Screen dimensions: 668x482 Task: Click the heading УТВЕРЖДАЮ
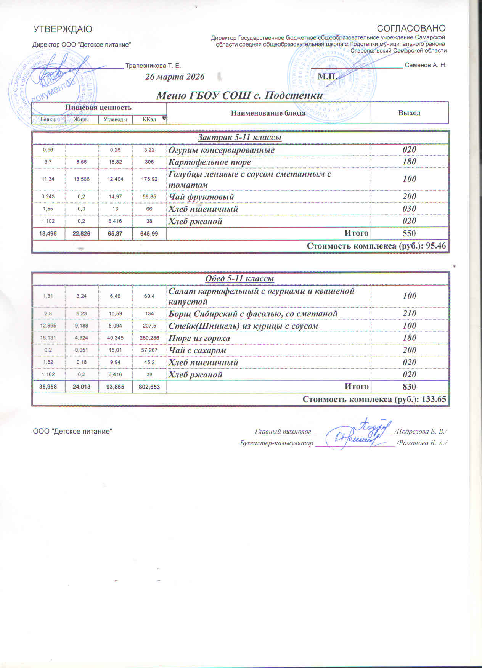tap(63, 29)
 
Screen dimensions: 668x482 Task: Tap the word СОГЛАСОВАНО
tap(411, 29)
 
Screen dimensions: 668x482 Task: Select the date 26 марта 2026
tap(175, 77)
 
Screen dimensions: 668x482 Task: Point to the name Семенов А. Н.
tap(426, 65)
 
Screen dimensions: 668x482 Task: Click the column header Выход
tap(409, 113)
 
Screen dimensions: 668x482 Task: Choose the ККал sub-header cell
tap(149, 119)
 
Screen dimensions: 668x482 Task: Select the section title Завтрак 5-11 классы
tap(240, 137)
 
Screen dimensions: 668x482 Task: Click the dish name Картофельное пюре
tap(210, 162)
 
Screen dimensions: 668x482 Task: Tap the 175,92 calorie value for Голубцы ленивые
tap(149, 179)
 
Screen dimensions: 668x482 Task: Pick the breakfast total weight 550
tap(409, 233)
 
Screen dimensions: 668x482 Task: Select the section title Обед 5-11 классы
tap(240, 279)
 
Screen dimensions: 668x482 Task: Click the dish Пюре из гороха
tap(199, 338)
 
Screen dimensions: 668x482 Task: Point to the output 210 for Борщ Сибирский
tap(409, 314)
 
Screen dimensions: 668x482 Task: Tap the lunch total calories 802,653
tap(149, 387)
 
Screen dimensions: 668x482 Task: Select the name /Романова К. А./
tap(422, 443)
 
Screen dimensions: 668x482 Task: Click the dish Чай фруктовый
tap(201, 197)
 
